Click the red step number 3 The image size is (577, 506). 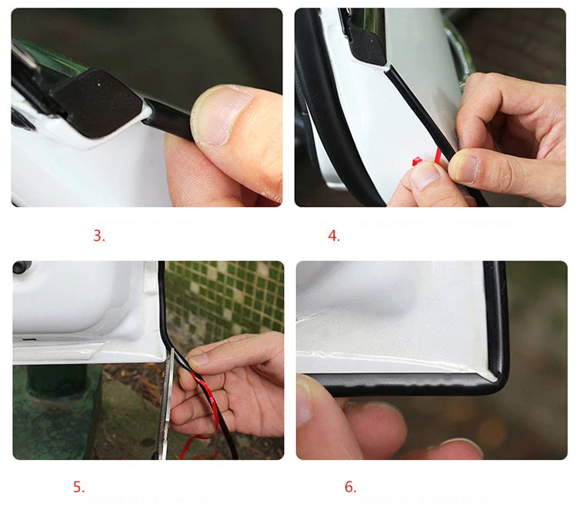[x=99, y=236]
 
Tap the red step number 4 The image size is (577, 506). [x=334, y=236]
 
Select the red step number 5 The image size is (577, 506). [x=78, y=487]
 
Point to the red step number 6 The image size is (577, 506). [x=350, y=487]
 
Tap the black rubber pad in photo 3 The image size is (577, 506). [x=98, y=103]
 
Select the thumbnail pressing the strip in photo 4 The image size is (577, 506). [x=465, y=168]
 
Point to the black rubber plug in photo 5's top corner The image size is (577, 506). [x=22, y=267]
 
